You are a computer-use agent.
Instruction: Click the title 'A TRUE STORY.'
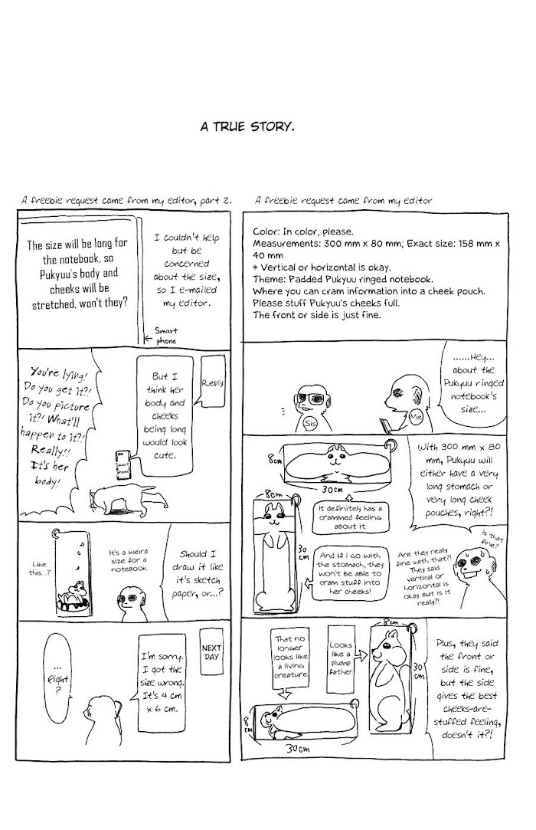pos(247,127)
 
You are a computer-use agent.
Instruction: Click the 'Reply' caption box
pos(213,382)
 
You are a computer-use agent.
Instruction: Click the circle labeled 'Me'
pos(417,417)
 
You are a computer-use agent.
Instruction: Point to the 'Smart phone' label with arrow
pos(162,336)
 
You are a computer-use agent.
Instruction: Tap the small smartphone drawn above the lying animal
pos(123,466)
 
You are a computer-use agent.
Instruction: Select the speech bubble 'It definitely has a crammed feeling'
pos(350,517)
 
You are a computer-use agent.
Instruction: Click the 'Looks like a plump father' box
pos(340,658)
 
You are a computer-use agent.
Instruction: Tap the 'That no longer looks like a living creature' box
pos(290,658)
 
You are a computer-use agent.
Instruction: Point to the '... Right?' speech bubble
pos(57,678)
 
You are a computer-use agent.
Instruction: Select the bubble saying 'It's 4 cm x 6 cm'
pos(162,683)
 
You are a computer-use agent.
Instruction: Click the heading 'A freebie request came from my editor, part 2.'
pos(126,201)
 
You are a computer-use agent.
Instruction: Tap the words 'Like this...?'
pos(39,568)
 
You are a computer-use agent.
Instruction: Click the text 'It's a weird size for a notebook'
pos(129,560)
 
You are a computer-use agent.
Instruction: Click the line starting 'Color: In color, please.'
pos(303,231)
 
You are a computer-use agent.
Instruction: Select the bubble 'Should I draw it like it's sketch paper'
pos(197,573)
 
